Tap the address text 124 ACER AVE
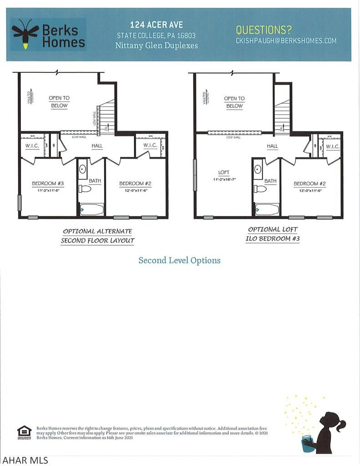click(157, 25)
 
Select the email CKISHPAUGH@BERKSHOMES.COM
click(286, 41)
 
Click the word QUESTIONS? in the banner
click(264, 30)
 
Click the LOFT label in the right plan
click(224, 172)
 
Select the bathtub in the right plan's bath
click(267, 209)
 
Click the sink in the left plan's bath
click(83, 169)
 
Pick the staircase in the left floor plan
click(107, 116)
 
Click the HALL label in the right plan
click(272, 146)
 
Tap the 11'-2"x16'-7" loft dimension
click(224, 180)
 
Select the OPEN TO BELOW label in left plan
click(59, 102)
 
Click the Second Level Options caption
click(179, 260)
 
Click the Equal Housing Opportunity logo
click(24, 432)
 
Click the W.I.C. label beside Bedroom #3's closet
click(31, 146)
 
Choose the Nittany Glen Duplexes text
click(157, 46)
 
